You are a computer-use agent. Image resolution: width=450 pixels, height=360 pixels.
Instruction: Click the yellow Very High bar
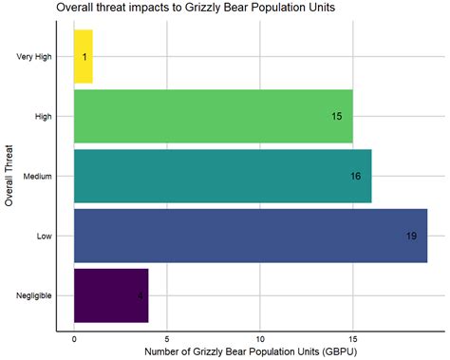click(83, 56)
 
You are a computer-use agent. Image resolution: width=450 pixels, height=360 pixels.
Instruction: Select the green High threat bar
click(213, 116)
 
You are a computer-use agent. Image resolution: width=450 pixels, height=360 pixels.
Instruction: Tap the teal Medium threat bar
click(222, 176)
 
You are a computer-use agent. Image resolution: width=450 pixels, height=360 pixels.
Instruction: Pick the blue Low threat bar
click(250, 236)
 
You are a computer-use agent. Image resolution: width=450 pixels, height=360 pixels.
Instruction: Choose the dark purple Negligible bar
click(110, 295)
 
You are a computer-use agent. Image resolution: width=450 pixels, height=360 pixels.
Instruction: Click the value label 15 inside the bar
click(337, 116)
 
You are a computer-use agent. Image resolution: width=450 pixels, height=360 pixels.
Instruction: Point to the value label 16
click(356, 176)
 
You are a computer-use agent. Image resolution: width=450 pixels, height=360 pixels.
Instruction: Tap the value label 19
click(411, 236)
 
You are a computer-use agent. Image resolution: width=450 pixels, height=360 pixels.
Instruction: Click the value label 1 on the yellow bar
click(84, 57)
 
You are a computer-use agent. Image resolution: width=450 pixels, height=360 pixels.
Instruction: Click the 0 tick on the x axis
click(74, 336)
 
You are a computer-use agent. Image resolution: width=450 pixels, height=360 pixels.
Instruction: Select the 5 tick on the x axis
click(167, 336)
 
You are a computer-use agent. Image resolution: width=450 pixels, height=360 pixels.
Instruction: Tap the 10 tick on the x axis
click(259, 336)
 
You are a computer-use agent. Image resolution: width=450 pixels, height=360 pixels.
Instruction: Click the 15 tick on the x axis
click(352, 336)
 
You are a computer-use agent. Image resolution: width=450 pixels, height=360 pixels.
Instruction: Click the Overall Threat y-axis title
click(9, 176)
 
